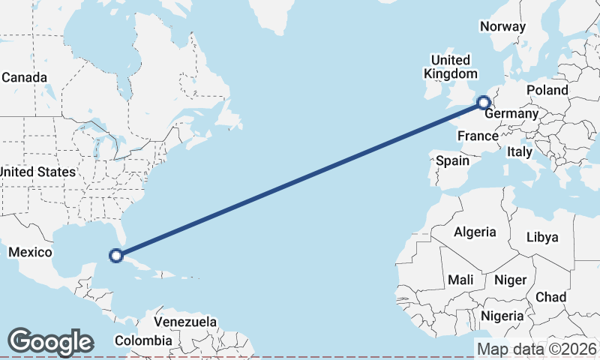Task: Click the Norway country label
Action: (502, 26)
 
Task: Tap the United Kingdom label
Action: (450, 67)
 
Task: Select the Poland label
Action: (547, 90)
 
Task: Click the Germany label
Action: (511, 114)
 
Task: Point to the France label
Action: (478, 136)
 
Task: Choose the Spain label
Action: (452, 160)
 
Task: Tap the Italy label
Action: (519, 151)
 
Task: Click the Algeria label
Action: (474, 232)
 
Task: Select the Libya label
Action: (542, 237)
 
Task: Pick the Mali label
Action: (460, 280)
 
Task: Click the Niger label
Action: (511, 280)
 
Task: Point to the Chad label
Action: (551, 297)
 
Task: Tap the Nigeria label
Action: (502, 316)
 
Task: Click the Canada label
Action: (25, 77)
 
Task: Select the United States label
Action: (37, 172)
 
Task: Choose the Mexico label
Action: (29, 252)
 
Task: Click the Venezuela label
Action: (185, 322)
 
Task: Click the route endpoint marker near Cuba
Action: (116, 256)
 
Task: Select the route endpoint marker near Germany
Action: (484, 102)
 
